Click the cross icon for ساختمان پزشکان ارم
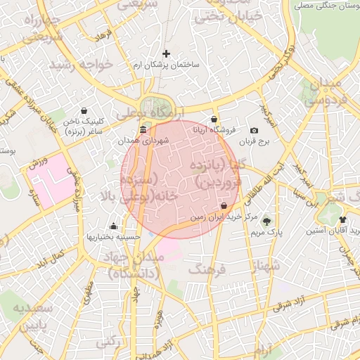pyautogui.click(x=167, y=53)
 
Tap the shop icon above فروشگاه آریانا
pyautogui.click(x=214, y=120)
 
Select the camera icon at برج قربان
pyautogui.click(x=254, y=131)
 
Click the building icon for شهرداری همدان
pyautogui.click(x=143, y=130)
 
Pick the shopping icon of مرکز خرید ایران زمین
pyautogui.click(x=224, y=206)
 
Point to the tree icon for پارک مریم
pyautogui.click(x=266, y=220)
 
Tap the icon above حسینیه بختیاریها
pyautogui.click(x=114, y=226)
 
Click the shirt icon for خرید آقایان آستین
pyautogui.click(x=342, y=220)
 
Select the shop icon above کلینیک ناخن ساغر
pyautogui.click(x=84, y=110)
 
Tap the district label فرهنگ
pyautogui.click(x=208, y=269)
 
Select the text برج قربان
pyautogui.click(x=261, y=142)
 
